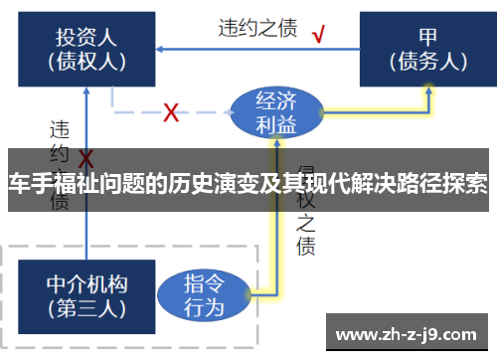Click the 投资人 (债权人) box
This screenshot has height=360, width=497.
(x=86, y=48)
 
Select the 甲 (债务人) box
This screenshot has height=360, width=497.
(x=428, y=48)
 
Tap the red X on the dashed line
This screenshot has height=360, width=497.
(x=170, y=111)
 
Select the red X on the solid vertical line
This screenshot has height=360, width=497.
(x=86, y=159)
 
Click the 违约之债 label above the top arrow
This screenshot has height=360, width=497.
(x=257, y=28)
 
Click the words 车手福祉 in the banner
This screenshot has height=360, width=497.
(x=46, y=186)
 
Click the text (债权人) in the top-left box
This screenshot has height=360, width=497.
(x=86, y=62)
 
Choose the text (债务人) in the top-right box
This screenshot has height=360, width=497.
(x=428, y=62)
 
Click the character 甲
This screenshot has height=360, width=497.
(x=428, y=37)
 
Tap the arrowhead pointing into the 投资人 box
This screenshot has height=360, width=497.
(x=162, y=47)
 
